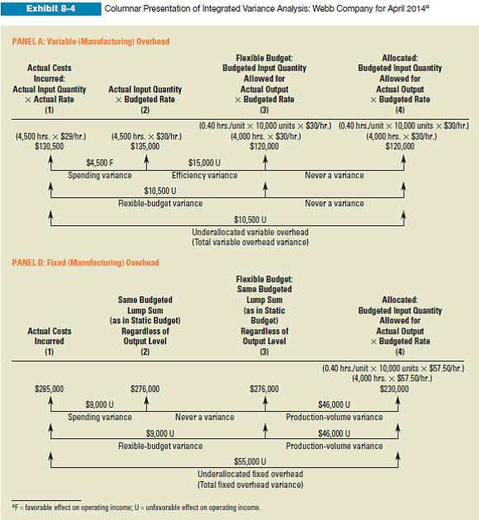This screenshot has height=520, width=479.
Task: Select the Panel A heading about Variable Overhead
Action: point(90,41)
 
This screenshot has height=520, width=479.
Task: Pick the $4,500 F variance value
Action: point(100,162)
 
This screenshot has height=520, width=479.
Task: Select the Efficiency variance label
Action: point(204,175)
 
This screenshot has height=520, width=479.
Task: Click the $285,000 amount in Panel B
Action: point(50,388)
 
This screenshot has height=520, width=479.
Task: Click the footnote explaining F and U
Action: point(135,507)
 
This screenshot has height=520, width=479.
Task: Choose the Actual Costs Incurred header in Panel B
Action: point(50,336)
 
